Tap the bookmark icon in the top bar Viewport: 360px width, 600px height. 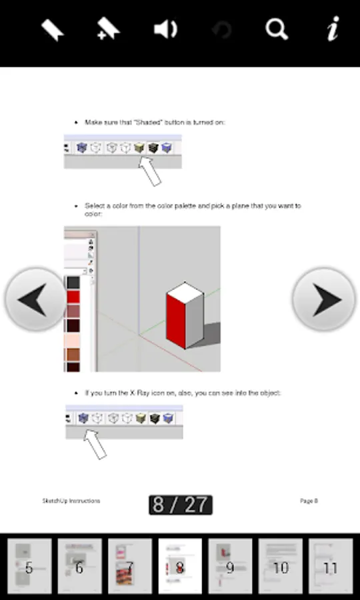tap(53, 30)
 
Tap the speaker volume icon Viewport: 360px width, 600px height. tap(165, 29)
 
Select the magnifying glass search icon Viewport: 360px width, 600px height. tap(277, 29)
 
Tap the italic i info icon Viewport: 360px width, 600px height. tap(333, 28)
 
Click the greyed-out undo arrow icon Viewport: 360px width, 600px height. tap(222, 30)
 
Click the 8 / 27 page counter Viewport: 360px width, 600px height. tap(181, 505)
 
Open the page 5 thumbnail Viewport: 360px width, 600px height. tap(29, 566)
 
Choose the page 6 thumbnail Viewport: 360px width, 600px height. tap(79, 566)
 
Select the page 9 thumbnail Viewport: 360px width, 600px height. tap(230, 566)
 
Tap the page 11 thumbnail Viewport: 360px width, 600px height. tap(331, 566)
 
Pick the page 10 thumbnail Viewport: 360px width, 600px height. tap(281, 566)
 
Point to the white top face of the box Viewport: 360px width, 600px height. tap(185, 293)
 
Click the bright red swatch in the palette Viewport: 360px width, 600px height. tap(73, 297)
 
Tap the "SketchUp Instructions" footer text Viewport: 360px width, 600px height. tap(71, 501)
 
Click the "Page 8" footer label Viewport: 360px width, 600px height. tap(309, 501)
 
